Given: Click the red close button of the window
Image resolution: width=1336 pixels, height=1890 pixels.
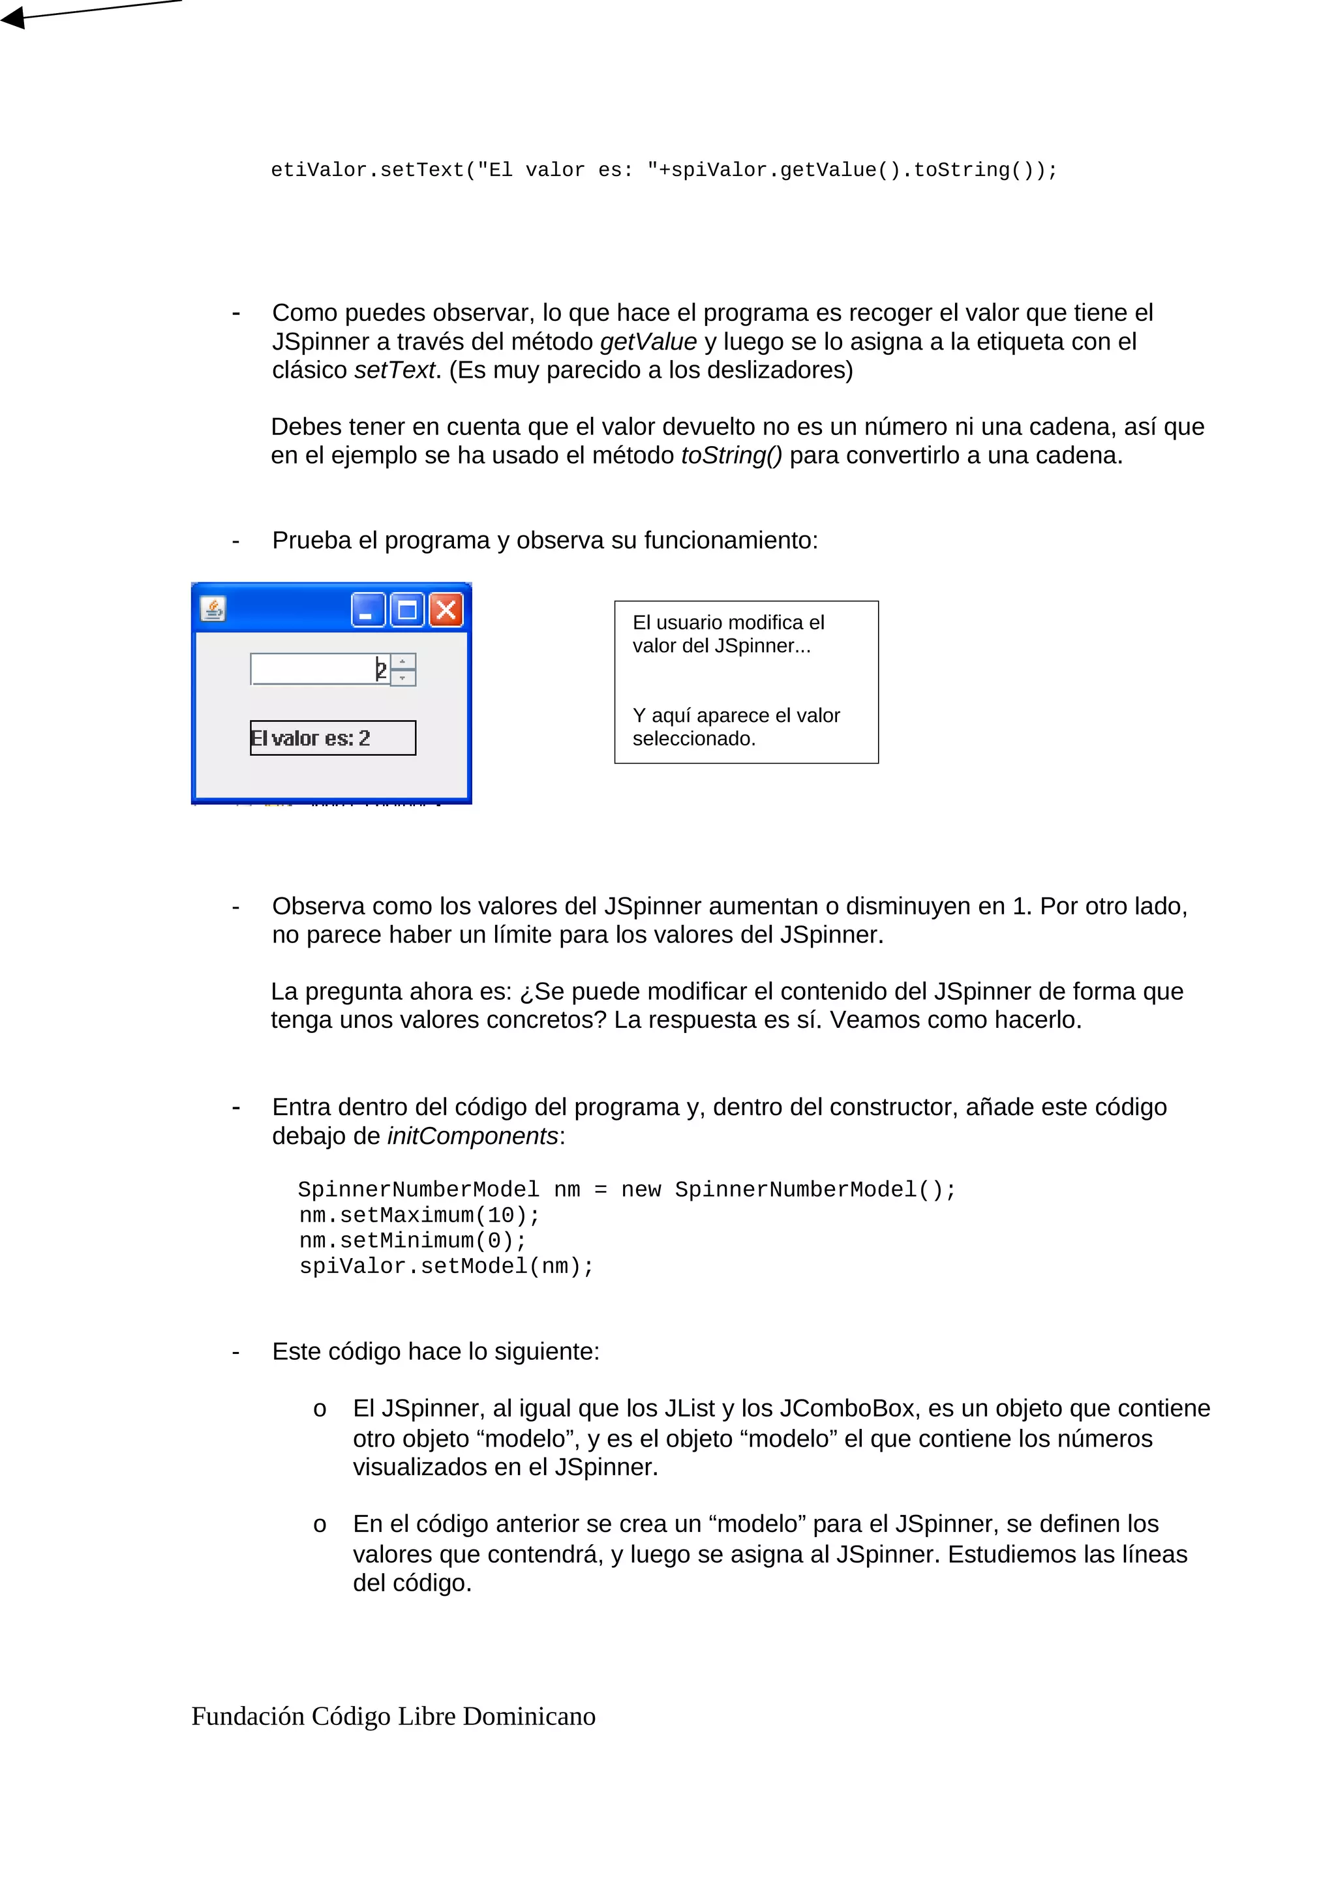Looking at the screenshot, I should pyautogui.click(x=446, y=610).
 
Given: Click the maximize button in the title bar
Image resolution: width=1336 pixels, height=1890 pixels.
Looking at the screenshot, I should pyautogui.click(x=406, y=610).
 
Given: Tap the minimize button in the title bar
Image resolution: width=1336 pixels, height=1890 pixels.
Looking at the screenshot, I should pyautogui.click(x=367, y=610).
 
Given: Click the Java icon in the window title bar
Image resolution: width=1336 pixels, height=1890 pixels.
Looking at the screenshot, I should pyautogui.click(x=213, y=608).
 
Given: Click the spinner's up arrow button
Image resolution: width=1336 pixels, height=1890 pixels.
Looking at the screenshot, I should pyautogui.click(x=402, y=661).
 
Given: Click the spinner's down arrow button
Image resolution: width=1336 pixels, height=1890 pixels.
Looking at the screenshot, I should pyautogui.click(x=402, y=678).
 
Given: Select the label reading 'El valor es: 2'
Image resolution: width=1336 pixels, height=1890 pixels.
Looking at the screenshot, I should pyautogui.click(x=332, y=738).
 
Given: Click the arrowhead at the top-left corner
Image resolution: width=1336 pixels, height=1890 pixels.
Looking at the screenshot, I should pyautogui.click(x=12, y=16).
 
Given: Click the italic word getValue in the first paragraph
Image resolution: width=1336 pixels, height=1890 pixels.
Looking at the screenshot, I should pyautogui.click(x=648, y=342).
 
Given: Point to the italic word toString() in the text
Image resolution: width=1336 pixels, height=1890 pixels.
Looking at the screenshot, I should pyautogui.click(x=731, y=455).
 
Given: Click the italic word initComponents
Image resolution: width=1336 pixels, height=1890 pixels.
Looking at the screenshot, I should pyautogui.click(x=472, y=1136).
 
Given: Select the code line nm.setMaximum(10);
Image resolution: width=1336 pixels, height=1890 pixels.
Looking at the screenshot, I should pyautogui.click(x=419, y=1215).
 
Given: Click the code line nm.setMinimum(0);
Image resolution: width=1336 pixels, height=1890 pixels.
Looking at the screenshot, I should pyautogui.click(x=412, y=1240).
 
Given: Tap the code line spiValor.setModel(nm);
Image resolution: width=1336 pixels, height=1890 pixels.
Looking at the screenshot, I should pyautogui.click(x=446, y=1266).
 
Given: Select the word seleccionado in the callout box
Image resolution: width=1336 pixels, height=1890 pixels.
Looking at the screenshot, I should pyautogui.click(x=692, y=738).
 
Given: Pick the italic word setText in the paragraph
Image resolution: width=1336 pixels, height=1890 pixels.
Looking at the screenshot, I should pyautogui.click(x=394, y=370).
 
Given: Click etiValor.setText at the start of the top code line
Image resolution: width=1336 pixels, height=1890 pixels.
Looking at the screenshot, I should pyautogui.click(x=367, y=170).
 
